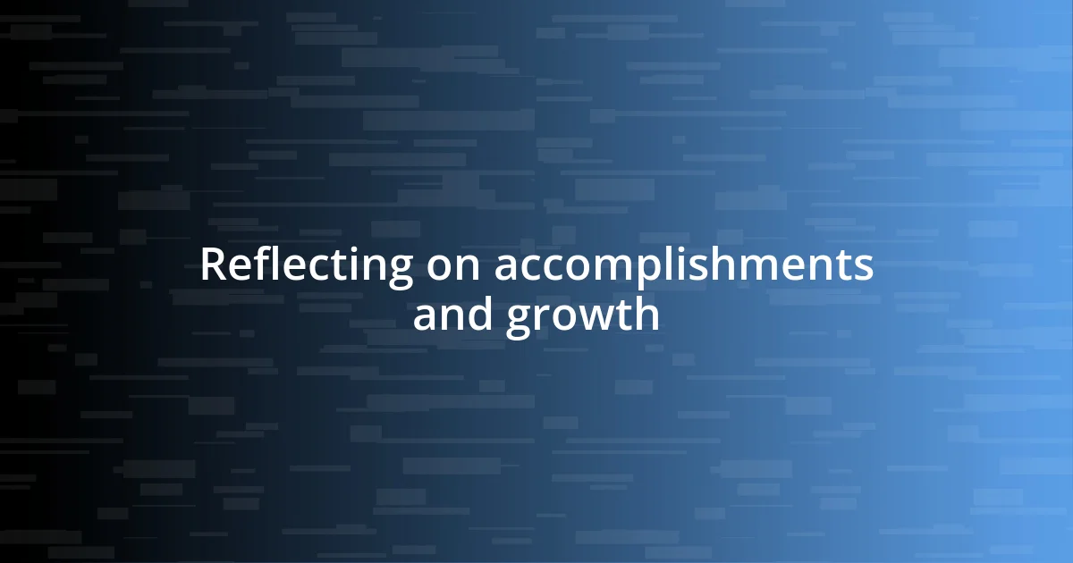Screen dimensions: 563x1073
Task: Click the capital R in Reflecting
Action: click(x=213, y=265)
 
